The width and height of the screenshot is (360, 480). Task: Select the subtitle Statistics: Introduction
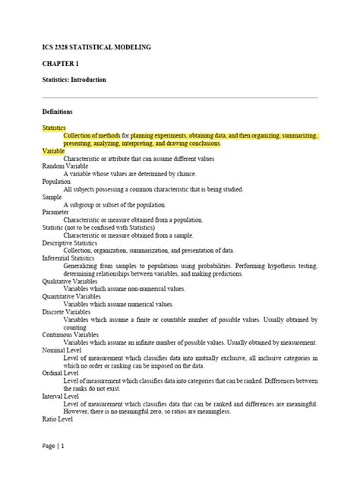(x=74, y=80)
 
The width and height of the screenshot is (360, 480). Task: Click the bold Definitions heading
(x=57, y=112)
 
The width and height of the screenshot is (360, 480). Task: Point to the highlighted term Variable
(x=54, y=151)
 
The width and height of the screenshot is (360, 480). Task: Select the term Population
(x=56, y=182)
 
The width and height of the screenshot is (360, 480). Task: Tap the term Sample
(x=52, y=197)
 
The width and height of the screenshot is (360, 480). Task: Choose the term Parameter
(x=56, y=213)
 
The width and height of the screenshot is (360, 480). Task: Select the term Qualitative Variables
(x=72, y=281)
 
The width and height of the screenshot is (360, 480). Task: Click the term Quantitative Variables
(x=74, y=297)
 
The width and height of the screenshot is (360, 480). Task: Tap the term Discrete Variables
(x=68, y=312)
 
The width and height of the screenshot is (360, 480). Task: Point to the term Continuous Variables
(x=72, y=335)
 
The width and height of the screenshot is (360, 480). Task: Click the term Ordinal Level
(x=61, y=373)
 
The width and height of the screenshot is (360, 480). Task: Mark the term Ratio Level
(x=58, y=418)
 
